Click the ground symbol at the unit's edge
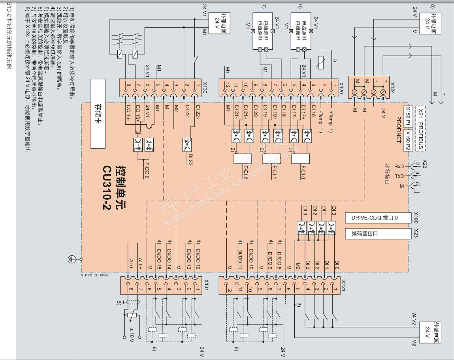click(x=72, y=259)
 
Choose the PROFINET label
click(x=399, y=129)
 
